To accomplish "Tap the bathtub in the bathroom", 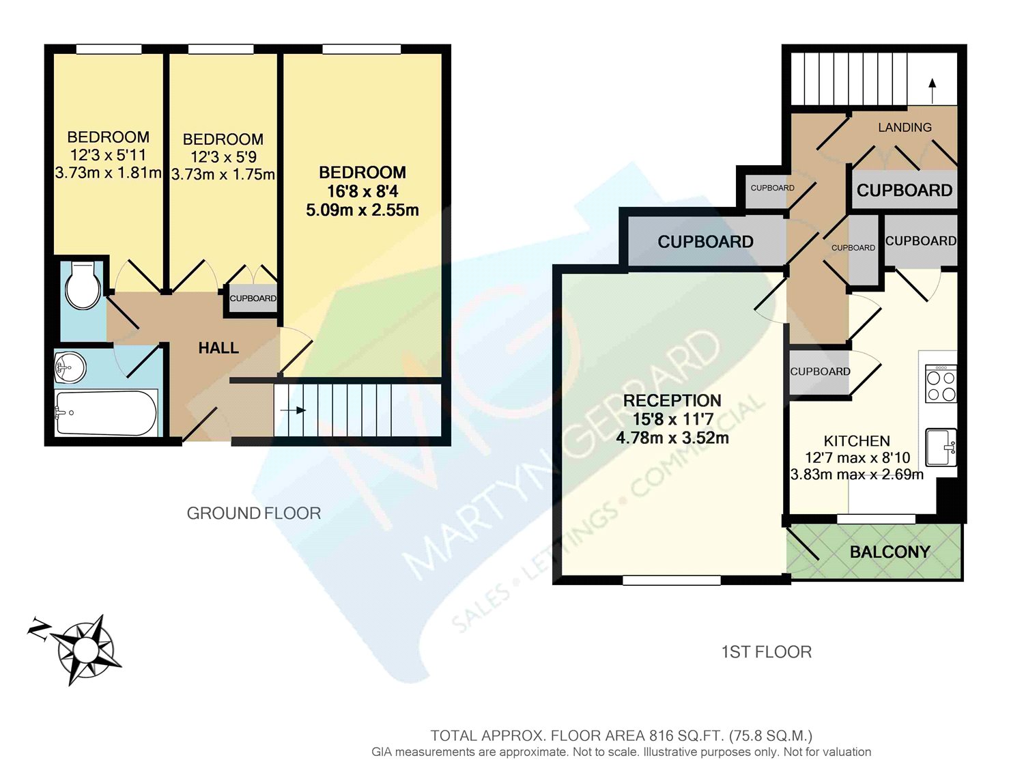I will [106, 412].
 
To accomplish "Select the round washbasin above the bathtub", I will [70, 369].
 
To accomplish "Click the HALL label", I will [218, 348].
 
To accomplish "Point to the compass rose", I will [85, 648].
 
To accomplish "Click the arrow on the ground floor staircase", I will [294, 410].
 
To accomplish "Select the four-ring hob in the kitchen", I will [940, 385].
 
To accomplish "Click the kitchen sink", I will [941, 447].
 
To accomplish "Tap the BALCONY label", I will [890, 552].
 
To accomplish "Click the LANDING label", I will [905, 128].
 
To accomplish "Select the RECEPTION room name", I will [672, 401].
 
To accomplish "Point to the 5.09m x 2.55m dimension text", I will [362, 210].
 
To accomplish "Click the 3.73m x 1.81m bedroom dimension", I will [108, 173].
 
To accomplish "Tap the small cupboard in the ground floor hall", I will [253, 299].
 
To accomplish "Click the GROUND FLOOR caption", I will [253, 513].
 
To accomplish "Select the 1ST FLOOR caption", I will [766, 652].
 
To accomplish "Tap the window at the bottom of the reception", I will [672, 580].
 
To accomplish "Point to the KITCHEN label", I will [856, 441].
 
